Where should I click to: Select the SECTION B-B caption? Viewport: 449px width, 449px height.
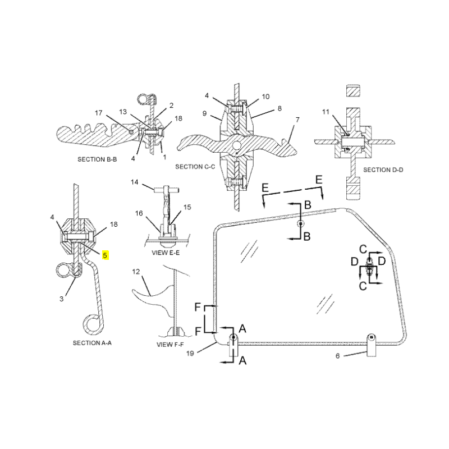tap(97, 159)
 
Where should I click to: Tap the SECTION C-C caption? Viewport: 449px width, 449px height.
tap(195, 167)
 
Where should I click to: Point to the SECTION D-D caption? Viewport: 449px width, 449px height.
tap(383, 169)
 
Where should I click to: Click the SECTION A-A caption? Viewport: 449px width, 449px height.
tap(93, 342)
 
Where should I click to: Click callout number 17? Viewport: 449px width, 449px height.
tap(98, 113)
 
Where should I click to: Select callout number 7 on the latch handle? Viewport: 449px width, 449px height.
tap(297, 120)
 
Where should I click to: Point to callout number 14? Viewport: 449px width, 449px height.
tap(135, 182)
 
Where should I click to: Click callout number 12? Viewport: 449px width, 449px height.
tap(135, 272)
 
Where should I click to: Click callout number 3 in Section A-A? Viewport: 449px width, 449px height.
tap(61, 299)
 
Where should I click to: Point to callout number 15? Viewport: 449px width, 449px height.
tap(187, 207)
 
